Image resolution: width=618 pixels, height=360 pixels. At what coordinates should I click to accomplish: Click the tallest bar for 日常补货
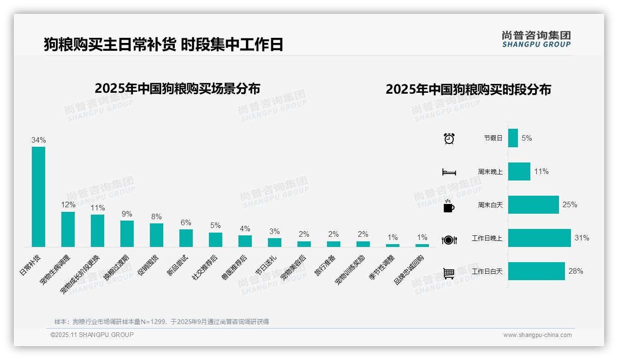38,197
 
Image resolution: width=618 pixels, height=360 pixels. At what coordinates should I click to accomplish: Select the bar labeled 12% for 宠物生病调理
68,229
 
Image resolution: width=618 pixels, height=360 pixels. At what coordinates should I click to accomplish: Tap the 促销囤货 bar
156,235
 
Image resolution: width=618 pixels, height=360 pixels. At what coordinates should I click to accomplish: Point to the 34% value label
38,140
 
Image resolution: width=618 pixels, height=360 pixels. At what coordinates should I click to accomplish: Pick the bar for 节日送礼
274,242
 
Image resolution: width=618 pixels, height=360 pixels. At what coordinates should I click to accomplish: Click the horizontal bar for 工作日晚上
539,238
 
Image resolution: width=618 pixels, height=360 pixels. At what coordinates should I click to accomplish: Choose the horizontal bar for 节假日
513,138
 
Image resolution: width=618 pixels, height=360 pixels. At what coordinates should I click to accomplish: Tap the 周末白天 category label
490,205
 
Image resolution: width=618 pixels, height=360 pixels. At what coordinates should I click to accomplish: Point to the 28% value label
576,271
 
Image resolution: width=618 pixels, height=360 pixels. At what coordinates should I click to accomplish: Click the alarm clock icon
449,138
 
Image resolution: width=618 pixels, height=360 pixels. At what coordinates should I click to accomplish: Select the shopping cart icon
449,273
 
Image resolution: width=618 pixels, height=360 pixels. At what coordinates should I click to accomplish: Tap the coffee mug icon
449,206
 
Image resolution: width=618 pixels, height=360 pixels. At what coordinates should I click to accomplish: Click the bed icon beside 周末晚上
449,172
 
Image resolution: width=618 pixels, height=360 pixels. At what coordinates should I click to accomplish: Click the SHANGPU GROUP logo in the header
536,39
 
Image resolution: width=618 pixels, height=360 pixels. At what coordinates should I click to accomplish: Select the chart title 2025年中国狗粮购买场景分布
177,89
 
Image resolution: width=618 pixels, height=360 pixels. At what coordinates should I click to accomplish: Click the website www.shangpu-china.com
537,335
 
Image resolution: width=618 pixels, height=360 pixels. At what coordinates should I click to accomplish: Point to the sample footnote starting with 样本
161,322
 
